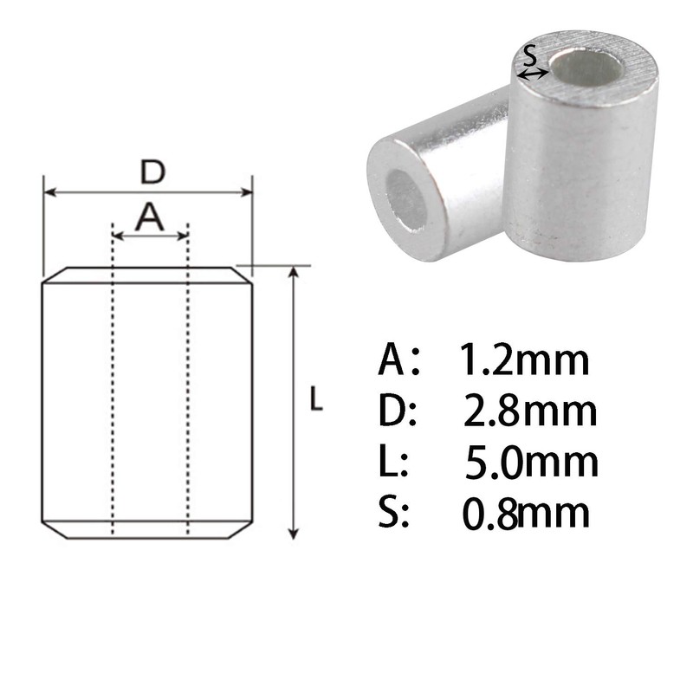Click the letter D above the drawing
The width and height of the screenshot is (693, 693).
(x=152, y=172)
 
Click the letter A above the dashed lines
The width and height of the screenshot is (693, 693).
(x=150, y=217)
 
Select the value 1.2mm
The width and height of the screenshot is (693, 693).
(x=524, y=359)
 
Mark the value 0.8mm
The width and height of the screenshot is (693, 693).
(x=526, y=514)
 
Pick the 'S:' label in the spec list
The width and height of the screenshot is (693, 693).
(x=395, y=514)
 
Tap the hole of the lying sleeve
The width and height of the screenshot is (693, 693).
(x=405, y=198)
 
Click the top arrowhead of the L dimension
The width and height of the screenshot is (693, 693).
(x=295, y=273)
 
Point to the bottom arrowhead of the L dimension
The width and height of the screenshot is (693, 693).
(x=295, y=534)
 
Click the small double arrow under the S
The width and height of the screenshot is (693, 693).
(x=532, y=74)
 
